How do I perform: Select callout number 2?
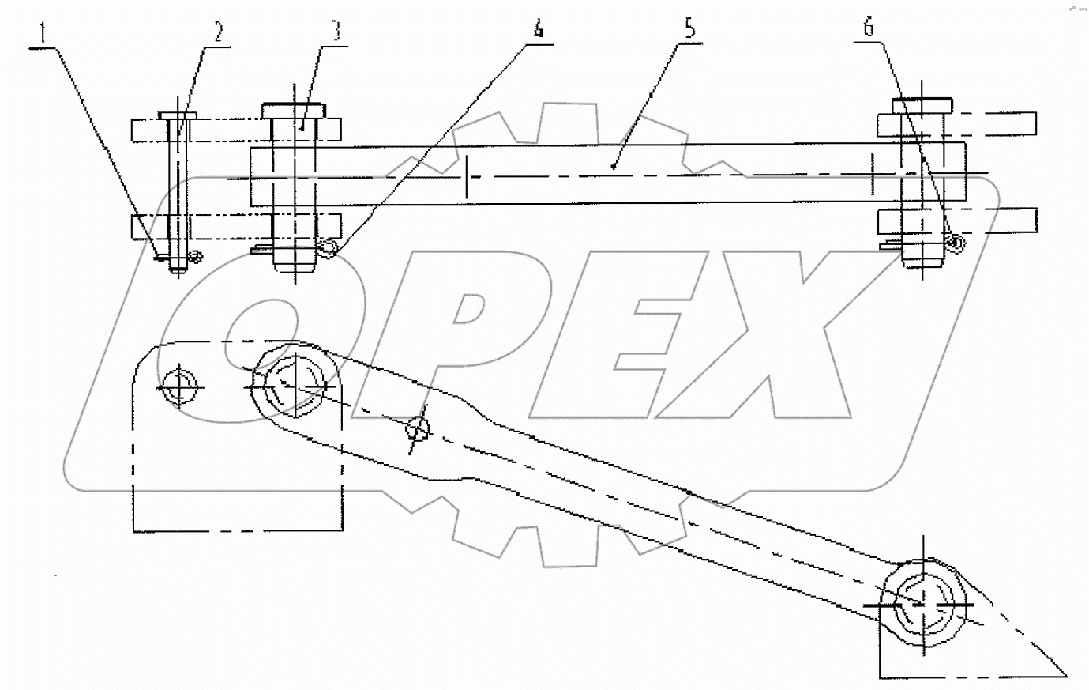(x=216, y=33)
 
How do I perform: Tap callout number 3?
(x=335, y=32)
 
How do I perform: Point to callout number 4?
(x=539, y=30)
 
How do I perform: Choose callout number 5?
(x=690, y=30)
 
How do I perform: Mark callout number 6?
(x=869, y=28)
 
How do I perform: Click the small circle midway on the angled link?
(x=418, y=432)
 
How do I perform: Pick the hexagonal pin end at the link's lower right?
(x=922, y=602)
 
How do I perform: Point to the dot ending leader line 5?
(x=614, y=167)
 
